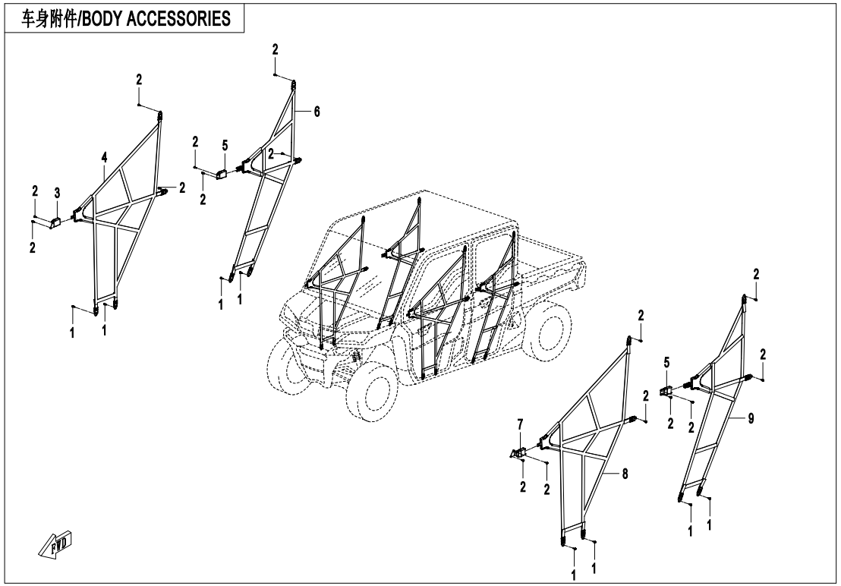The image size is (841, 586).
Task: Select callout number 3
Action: pyautogui.click(x=56, y=194)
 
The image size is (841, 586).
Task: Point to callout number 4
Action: pyautogui.click(x=104, y=158)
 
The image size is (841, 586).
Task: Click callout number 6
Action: pyautogui.click(x=317, y=112)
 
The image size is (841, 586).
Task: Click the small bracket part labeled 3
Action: pyautogui.click(x=56, y=222)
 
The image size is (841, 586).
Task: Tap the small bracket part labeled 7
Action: pyautogui.click(x=518, y=453)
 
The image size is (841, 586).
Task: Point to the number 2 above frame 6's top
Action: pyautogui.click(x=275, y=49)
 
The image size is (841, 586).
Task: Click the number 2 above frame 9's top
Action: pyautogui.click(x=756, y=273)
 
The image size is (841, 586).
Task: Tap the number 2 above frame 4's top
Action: pyautogui.click(x=139, y=79)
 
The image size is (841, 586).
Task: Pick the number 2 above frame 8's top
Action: pyautogui.click(x=641, y=315)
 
